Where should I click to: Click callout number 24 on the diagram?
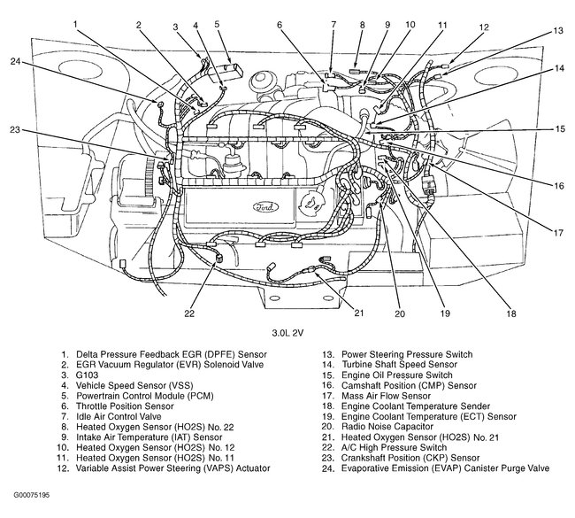click(x=15, y=61)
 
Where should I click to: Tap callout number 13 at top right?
click(x=558, y=30)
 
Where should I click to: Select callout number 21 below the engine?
click(x=358, y=312)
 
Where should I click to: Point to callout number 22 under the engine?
click(x=188, y=313)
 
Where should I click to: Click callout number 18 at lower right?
click(x=511, y=313)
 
